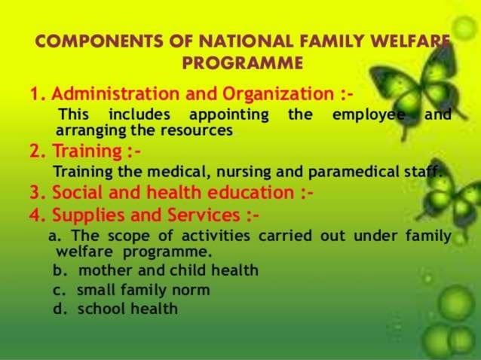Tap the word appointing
(x=228, y=115)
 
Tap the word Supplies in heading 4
(x=85, y=216)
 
